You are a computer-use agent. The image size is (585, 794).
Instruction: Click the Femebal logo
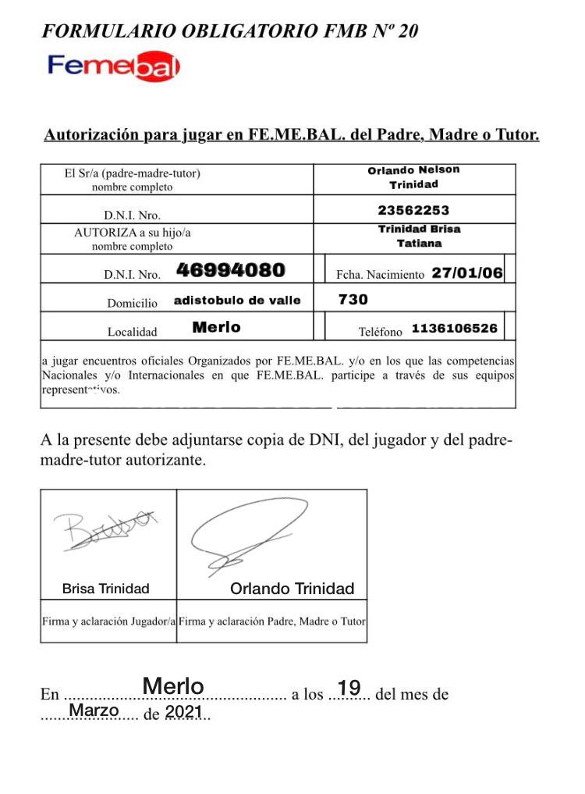coord(114,67)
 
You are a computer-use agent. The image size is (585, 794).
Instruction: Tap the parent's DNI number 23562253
coord(413,210)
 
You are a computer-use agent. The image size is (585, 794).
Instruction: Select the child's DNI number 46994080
coord(230,271)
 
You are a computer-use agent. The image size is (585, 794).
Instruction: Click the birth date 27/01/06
coord(467,273)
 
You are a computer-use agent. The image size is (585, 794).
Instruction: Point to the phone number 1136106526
coord(454,329)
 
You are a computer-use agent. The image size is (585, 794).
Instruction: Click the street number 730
coord(353,300)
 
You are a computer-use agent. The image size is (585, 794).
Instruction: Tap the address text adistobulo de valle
coord(237,301)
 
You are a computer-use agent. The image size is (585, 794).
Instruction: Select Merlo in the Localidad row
coord(216,328)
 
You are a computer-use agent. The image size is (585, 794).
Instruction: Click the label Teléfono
coord(381,332)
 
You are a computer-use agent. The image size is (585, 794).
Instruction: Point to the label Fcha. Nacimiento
coord(380,275)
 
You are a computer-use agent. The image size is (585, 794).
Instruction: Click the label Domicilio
coord(132,303)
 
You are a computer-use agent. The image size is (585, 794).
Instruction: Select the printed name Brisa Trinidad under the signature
coord(105,589)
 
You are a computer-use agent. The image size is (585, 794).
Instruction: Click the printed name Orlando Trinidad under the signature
coord(292,589)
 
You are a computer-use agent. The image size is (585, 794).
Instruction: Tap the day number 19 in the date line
coord(349,688)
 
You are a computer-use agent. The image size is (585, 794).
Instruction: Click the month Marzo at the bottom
coord(94,710)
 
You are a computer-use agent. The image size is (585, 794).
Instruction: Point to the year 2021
coord(184,712)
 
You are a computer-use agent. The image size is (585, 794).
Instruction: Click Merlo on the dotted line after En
coord(173,686)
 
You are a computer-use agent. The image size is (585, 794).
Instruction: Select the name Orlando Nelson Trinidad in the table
coord(413,177)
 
